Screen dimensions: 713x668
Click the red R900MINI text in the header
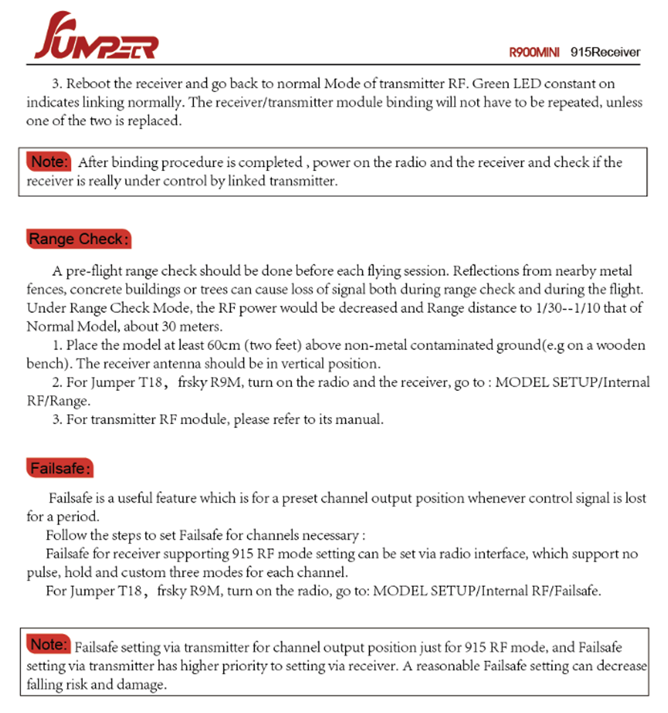click(534, 53)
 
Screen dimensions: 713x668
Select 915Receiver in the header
click(605, 52)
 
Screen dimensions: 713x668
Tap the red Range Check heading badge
click(79, 239)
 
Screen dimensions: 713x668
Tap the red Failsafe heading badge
click(60, 468)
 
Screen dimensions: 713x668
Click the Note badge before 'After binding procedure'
click(49, 162)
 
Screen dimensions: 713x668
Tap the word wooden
click(620, 345)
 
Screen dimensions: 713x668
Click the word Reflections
click(485, 271)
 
